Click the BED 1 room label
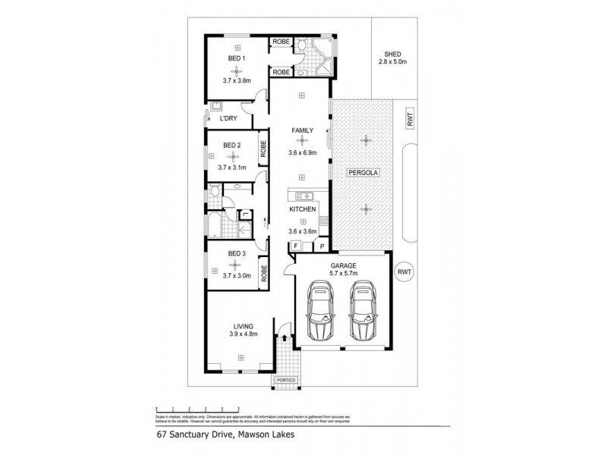(x=236, y=58)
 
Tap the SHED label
(x=392, y=54)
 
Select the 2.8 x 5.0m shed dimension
(x=392, y=63)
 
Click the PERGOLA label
(x=363, y=173)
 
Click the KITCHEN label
(x=301, y=209)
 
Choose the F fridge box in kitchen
(x=296, y=246)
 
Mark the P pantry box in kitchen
(x=322, y=246)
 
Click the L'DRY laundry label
(x=228, y=118)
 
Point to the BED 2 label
(x=232, y=145)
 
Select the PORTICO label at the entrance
(x=285, y=378)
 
